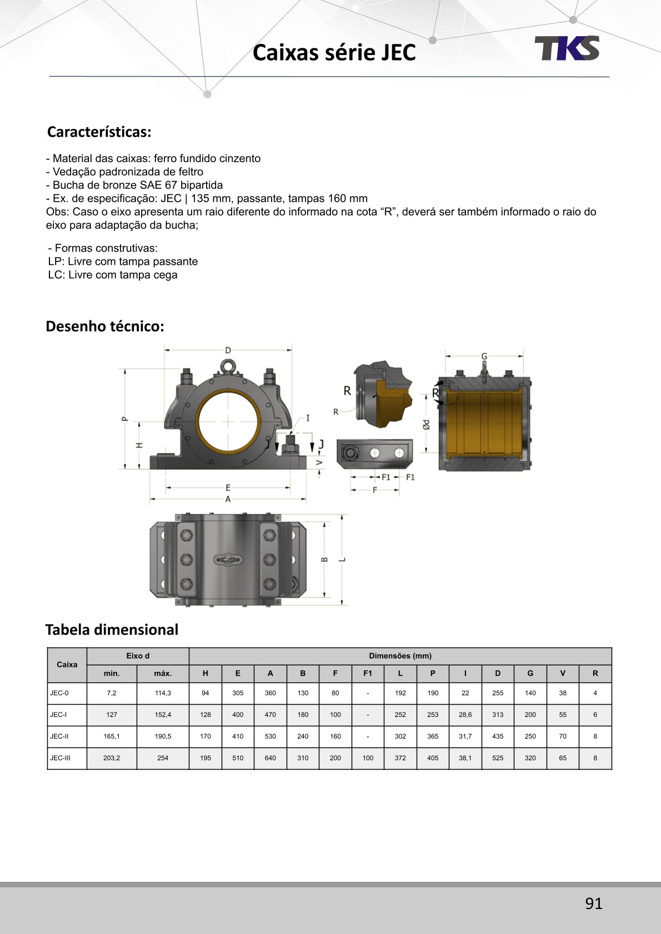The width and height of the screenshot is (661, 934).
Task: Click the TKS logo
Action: click(x=567, y=48)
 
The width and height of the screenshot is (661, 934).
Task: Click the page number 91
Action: click(x=593, y=903)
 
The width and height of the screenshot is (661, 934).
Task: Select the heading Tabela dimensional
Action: click(x=112, y=630)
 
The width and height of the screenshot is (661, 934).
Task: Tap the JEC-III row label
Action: click(x=60, y=758)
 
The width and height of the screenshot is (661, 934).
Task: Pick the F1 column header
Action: click(x=368, y=673)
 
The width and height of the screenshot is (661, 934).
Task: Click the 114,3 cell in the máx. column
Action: click(x=163, y=693)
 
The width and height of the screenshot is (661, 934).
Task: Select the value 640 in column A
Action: click(x=270, y=758)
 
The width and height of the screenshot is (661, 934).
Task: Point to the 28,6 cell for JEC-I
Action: click(x=465, y=715)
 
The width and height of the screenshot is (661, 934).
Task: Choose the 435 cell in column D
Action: click(x=498, y=736)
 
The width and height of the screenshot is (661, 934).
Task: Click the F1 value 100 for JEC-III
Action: click(x=368, y=758)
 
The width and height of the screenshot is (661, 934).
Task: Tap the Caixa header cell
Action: click(x=67, y=664)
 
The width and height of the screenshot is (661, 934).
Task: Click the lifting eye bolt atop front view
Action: click(x=228, y=366)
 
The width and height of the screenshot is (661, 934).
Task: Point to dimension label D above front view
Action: click(x=228, y=350)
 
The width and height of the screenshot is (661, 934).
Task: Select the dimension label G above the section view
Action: click(x=484, y=356)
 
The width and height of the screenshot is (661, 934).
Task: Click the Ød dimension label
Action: click(x=426, y=425)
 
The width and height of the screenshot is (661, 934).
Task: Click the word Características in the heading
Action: click(x=99, y=132)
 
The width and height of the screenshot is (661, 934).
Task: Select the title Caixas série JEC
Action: click(x=334, y=53)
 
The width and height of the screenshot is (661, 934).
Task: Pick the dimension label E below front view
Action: click(x=228, y=488)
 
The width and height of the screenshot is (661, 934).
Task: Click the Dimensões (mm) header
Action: click(x=400, y=656)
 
